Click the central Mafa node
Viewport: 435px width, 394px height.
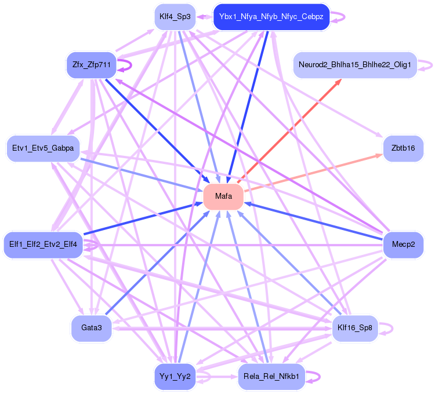[x=223, y=196]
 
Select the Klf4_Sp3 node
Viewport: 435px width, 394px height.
[x=175, y=17]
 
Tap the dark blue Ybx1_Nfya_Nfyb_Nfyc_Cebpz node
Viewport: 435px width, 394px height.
[x=271, y=17]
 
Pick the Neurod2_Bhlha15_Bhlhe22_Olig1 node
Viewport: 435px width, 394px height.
[x=355, y=65]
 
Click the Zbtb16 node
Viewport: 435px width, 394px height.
[x=403, y=148]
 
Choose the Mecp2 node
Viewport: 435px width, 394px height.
[x=403, y=244]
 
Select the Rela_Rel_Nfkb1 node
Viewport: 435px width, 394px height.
[x=271, y=377]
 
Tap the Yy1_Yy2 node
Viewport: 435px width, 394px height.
[x=175, y=377]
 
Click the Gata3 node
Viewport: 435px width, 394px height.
[x=92, y=328]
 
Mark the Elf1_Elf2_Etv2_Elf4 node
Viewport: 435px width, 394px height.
[x=43, y=244]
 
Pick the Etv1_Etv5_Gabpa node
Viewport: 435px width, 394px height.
[x=43, y=148]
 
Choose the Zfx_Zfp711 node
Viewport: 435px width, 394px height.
[x=92, y=64]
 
